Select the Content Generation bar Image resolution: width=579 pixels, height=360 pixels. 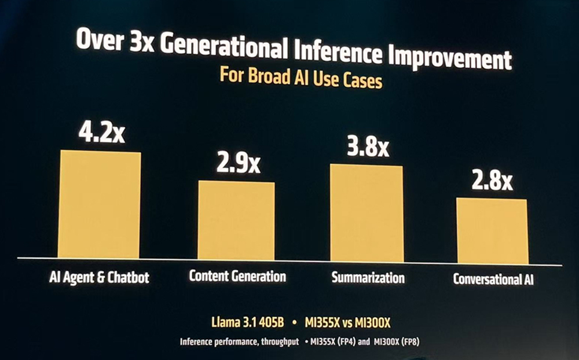click(236, 220)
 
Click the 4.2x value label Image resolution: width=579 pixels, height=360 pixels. click(101, 133)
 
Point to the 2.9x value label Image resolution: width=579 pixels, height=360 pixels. click(238, 164)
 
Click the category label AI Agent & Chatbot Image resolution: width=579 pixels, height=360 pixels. click(99, 278)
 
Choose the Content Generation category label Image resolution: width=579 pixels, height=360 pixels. click(237, 276)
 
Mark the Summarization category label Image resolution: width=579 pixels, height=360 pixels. click(368, 278)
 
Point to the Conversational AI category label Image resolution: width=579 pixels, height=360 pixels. click(493, 280)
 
